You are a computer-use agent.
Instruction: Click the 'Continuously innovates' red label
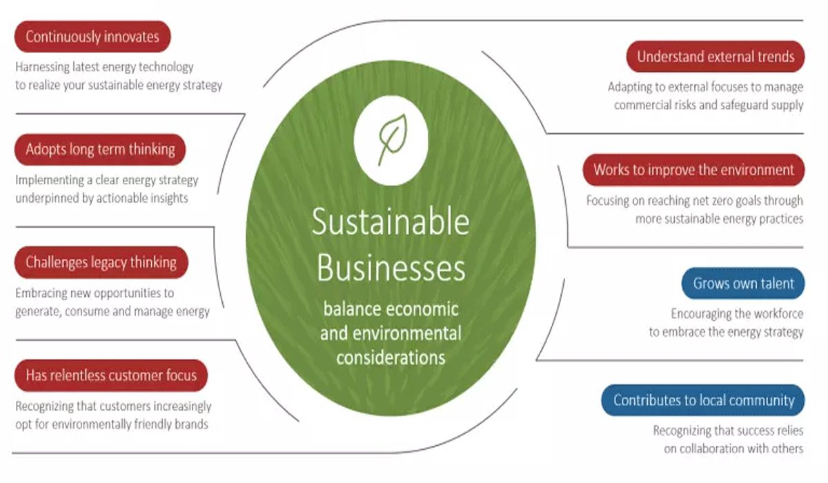(92, 37)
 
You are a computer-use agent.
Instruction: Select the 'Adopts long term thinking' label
(100, 149)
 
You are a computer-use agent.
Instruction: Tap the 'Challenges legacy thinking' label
(101, 262)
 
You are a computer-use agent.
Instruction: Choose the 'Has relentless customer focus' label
(111, 375)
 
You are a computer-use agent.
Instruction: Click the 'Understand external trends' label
(716, 57)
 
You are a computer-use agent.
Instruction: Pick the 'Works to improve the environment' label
(693, 170)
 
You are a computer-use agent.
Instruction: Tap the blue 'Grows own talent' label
(744, 283)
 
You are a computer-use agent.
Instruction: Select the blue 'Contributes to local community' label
(704, 400)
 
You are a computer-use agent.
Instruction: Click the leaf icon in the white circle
(391, 140)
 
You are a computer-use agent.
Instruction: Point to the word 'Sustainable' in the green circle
(390, 222)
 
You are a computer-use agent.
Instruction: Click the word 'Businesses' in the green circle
(391, 268)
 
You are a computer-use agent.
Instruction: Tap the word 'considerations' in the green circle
(391, 357)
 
